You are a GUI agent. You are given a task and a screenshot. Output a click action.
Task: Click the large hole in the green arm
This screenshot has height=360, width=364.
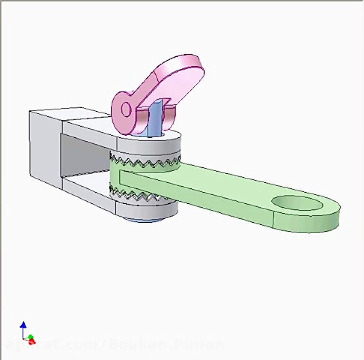298,202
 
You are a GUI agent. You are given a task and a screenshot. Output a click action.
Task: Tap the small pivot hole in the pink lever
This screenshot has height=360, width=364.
126,109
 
